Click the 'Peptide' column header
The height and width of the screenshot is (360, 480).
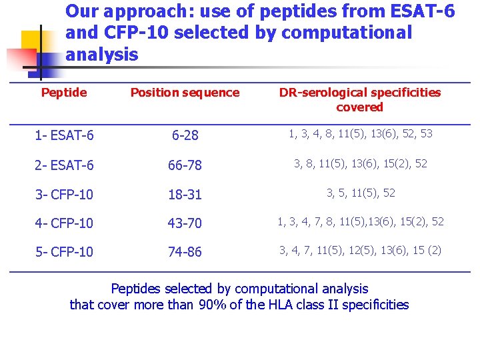(64, 93)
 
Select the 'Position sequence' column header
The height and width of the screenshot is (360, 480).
(185, 93)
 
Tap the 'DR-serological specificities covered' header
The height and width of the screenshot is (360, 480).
(359, 100)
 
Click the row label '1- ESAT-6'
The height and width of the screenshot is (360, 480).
(64, 135)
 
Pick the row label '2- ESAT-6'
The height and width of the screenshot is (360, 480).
(64, 165)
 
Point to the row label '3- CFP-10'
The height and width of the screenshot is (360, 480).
(64, 195)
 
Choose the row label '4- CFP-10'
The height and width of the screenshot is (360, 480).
(64, 223)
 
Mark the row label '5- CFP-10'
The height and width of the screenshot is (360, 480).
(64, 252)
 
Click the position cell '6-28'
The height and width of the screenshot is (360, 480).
(185, 135)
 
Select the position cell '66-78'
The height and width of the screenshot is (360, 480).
(185, 165)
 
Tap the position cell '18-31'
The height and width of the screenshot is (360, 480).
(185, 195)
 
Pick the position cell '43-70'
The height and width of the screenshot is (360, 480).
(185, 223)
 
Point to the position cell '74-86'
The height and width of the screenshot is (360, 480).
(185, 252)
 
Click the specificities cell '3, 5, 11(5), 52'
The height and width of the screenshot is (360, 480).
(360, 193)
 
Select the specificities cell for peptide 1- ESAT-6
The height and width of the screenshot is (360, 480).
(360, 134)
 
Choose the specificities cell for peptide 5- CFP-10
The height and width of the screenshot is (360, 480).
(360, 251)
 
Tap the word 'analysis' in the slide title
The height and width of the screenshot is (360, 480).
(102, 54)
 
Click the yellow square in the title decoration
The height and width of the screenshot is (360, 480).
(33, 41)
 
